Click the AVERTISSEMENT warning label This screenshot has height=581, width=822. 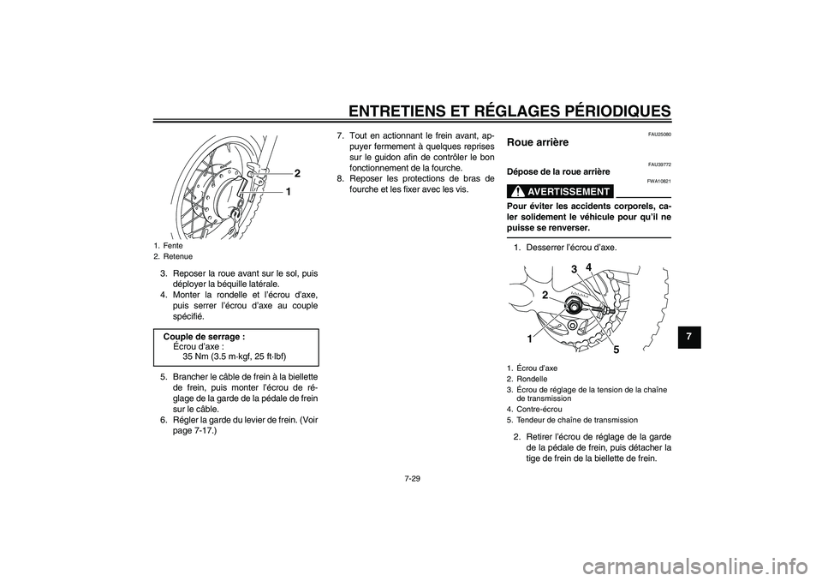(560, 191)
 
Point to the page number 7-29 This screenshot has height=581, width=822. (412, 480)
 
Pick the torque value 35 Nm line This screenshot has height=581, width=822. (234, 356)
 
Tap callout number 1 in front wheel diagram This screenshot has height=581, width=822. (289, 193)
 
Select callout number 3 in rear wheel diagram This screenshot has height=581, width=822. (574, 270)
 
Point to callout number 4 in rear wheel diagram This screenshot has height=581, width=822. (589, 267)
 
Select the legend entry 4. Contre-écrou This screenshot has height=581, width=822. (539, 409)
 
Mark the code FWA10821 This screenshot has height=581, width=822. (658, 182)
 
